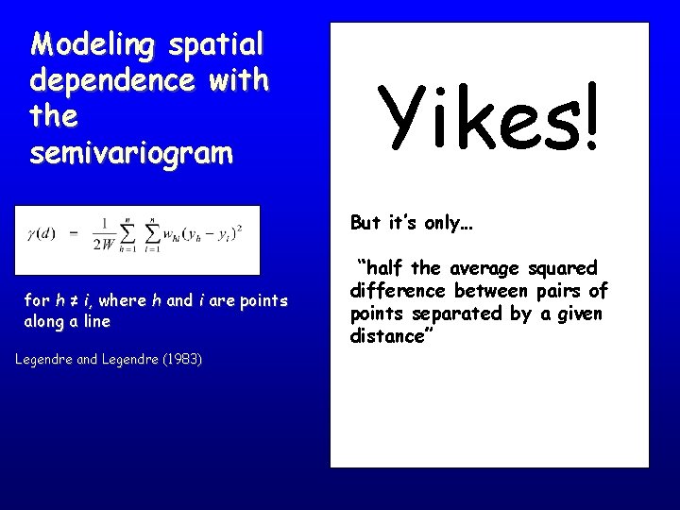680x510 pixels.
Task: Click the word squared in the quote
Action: (x=564, y=269)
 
